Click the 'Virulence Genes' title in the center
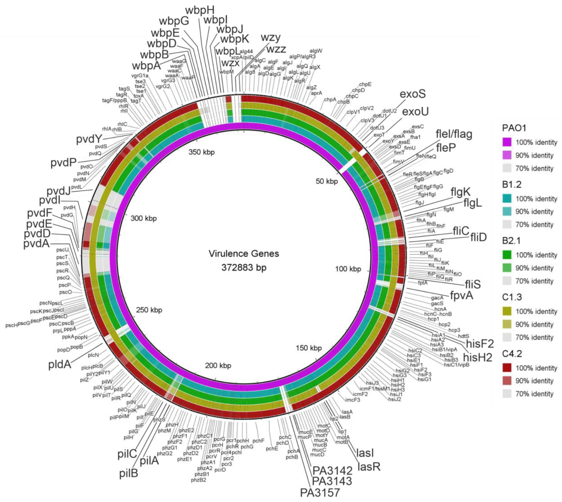coord(244,253)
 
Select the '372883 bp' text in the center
coord(244,267)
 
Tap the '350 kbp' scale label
coord(201,152)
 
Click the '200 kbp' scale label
coord(218,365)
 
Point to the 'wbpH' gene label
coord(200,10)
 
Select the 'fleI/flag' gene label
coord(454,134)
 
